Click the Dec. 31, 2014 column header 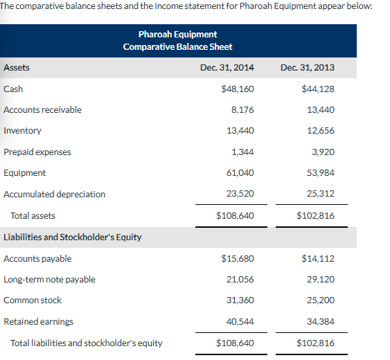click(227, 68)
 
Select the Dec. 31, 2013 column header click(308, 68)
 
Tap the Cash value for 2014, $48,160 click(237, 89)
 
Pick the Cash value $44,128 click(318, 89)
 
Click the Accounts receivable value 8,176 click(242, 110)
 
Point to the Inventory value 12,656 click(320, 131)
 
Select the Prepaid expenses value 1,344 click(243, 152)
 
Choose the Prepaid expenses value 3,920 click(323, 152)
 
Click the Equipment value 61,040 click(240, 173)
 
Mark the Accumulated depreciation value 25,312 click(320, 195)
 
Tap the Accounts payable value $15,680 click(237, 259)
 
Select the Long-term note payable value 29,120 click(320, 280)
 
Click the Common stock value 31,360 click(240, 300)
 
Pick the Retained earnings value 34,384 click(320, 322)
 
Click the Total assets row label click(33, 216)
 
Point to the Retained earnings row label click(38, 322)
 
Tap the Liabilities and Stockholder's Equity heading click(73, 237)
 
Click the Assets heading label click(17, 68)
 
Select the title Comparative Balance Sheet click(177, 47)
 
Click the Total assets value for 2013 click(315, 216)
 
